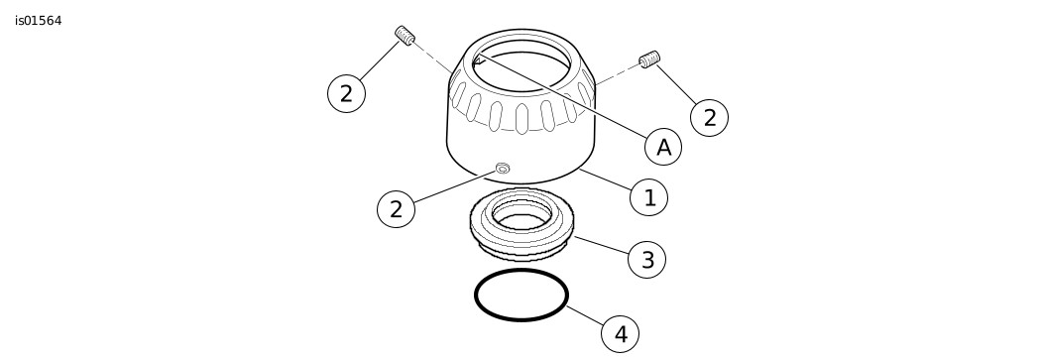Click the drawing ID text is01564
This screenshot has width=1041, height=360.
39,21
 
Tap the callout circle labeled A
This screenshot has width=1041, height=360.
663,147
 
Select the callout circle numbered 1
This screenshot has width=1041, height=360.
648,197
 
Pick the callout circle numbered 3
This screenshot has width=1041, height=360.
646,259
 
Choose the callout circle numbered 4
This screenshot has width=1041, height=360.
620,334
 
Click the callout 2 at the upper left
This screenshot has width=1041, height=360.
347,93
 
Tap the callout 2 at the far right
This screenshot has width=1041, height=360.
709,118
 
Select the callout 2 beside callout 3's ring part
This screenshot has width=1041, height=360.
396,209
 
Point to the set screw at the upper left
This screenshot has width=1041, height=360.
405,35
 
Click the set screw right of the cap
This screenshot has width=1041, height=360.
649,60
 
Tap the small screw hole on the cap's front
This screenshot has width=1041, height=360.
503,168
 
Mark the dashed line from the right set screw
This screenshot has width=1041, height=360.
618,74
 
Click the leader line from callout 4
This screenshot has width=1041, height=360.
584,315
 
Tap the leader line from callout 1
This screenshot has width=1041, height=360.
605,180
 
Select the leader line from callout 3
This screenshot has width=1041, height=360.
601,244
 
